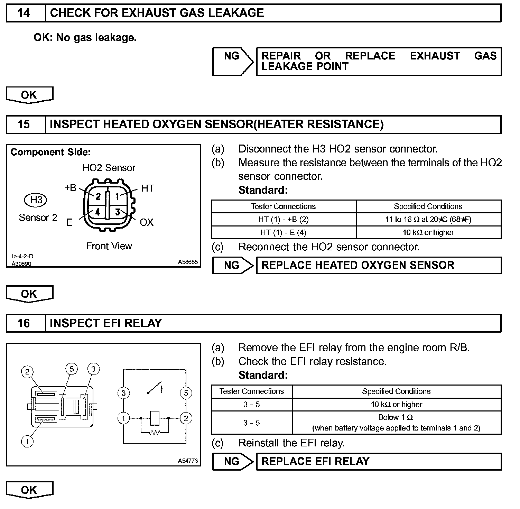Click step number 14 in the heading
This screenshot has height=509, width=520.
24,13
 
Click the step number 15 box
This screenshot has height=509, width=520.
24,124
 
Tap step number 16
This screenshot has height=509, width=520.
24,323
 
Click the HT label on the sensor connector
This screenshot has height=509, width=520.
147,188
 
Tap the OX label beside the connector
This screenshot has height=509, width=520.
147,222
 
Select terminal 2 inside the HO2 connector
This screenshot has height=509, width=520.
98,197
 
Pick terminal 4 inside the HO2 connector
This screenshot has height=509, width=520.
98,212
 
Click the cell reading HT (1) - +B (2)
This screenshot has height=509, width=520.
284,220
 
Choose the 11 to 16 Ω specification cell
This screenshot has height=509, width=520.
428,220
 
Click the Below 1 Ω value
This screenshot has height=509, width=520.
396,417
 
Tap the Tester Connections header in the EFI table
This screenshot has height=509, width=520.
252,391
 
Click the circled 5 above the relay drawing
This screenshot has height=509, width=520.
71,369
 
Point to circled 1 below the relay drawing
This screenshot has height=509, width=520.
27,441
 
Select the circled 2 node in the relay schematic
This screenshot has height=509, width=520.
186,418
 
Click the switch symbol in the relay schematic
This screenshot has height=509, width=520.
155,388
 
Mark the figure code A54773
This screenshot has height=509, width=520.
188,461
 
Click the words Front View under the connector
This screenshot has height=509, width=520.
109,246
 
